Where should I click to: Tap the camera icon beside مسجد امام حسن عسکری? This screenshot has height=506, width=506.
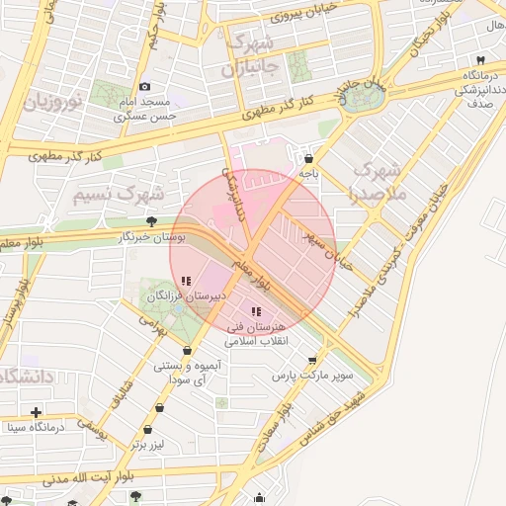[145, 87]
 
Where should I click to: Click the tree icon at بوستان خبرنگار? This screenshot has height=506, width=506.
[150, 221]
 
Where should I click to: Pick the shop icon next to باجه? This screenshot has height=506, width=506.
[309, 157]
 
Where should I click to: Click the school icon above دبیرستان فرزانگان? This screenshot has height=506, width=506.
[187, 281]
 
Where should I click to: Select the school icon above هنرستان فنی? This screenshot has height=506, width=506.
[256, 311]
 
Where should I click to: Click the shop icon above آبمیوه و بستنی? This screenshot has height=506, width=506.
[188, 350]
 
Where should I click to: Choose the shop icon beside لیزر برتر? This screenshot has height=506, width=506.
[148, 430]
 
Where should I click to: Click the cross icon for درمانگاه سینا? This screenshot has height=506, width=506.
[36, 412]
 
